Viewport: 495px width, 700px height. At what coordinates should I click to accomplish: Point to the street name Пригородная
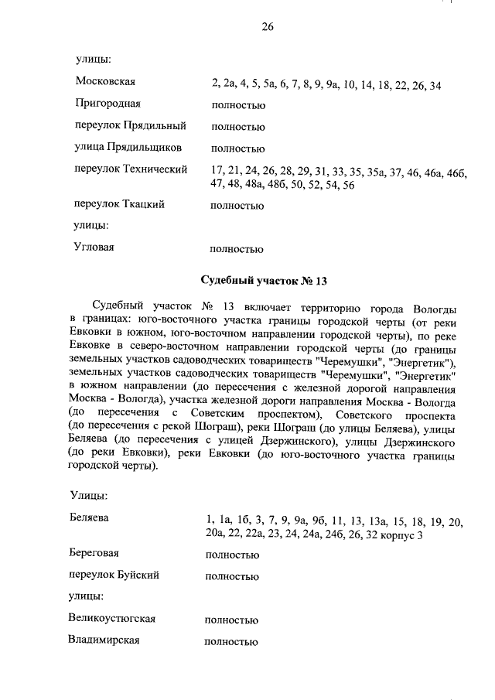[108, 103]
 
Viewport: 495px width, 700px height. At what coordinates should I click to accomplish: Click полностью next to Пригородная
[237, 106]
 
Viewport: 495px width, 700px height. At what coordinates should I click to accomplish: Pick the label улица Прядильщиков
[128, 147]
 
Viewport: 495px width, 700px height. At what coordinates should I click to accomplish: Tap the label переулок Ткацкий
[120, 205]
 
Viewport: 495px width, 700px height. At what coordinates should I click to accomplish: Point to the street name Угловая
[95, 247]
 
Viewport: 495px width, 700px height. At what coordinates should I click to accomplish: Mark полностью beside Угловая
[237, 250]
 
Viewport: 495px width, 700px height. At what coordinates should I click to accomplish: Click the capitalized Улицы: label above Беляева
[88, 495]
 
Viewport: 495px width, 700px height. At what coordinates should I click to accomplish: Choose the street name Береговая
[97, 553]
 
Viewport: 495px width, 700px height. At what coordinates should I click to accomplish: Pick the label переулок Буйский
[114, 575]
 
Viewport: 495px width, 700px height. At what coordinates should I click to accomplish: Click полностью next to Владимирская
[230, 642]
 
